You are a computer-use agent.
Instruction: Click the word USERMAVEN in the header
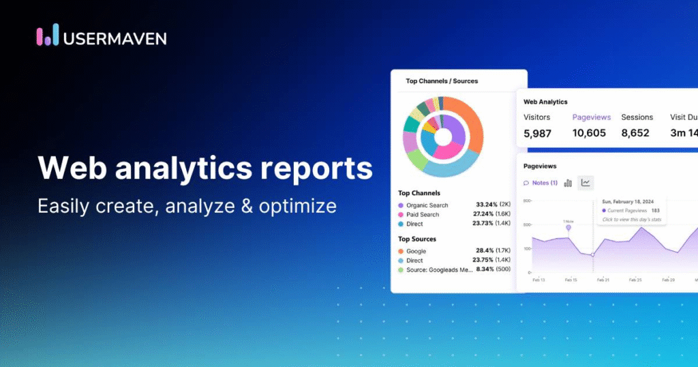[114, 37]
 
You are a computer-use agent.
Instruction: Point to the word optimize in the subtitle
[297, 205]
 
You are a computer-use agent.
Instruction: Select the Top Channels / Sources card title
[442, 81]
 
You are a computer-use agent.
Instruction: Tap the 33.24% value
[489, 205]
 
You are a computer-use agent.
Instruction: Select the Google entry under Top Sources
[416, 251]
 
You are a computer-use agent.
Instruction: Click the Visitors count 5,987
[537, 133]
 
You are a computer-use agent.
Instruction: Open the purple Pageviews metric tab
[592, 117]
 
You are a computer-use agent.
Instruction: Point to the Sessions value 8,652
[635, 133]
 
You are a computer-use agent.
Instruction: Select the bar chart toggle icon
[568, 183]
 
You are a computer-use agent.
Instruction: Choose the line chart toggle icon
[586, 182]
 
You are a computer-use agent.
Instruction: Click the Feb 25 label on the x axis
[635, 280]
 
